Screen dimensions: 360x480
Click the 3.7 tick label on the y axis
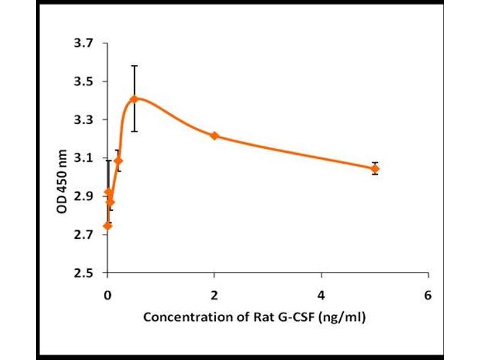point(84,43)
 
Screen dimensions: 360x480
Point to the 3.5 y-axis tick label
point(84,82)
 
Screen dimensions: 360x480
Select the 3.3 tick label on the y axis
point(84,120)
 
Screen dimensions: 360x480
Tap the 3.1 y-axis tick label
point(84,158)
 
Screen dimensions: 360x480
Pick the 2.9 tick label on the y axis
point(84,197)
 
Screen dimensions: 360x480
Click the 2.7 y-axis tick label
point(84,235)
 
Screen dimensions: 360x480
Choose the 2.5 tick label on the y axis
point(84,274)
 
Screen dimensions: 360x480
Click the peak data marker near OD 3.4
point(134,99)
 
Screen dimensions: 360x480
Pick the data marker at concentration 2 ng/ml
point(214,136)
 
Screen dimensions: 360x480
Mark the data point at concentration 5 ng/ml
point(375,169)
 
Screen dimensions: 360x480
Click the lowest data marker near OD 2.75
point(107,226)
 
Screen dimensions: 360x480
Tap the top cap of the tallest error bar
point(134,66)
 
